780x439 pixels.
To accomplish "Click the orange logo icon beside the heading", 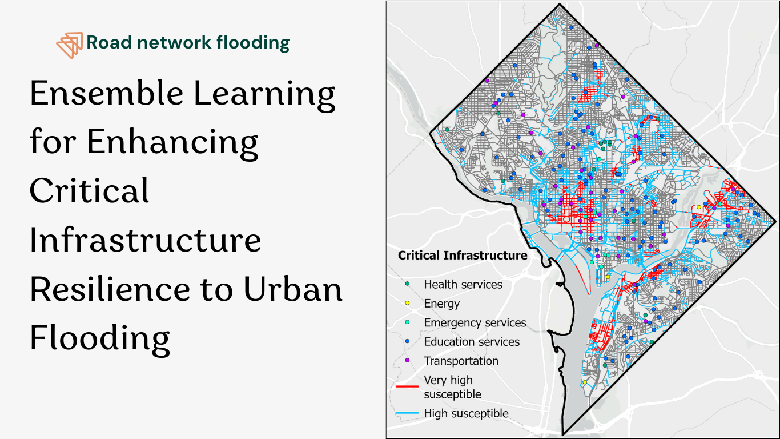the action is point(70,45).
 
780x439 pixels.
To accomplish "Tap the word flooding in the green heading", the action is point(253,43).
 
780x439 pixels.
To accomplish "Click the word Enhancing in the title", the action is point(172,143).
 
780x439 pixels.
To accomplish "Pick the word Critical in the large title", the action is point(90,190).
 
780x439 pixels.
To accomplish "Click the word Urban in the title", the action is point(293,289).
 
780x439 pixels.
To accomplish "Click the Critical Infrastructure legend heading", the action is point(463,256).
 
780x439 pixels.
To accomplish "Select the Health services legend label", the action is point(463,285).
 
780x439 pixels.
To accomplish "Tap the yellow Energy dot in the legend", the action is point(407,303).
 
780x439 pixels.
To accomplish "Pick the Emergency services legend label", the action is point(475,323).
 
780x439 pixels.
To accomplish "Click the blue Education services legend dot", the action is point(407,341).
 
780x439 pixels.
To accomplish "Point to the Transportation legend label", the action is point(461,361).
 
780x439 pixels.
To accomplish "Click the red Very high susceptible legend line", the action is point(407,386).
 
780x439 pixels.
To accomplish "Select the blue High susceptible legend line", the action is point(407,413).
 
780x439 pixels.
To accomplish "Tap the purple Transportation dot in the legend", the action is point(407,360).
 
